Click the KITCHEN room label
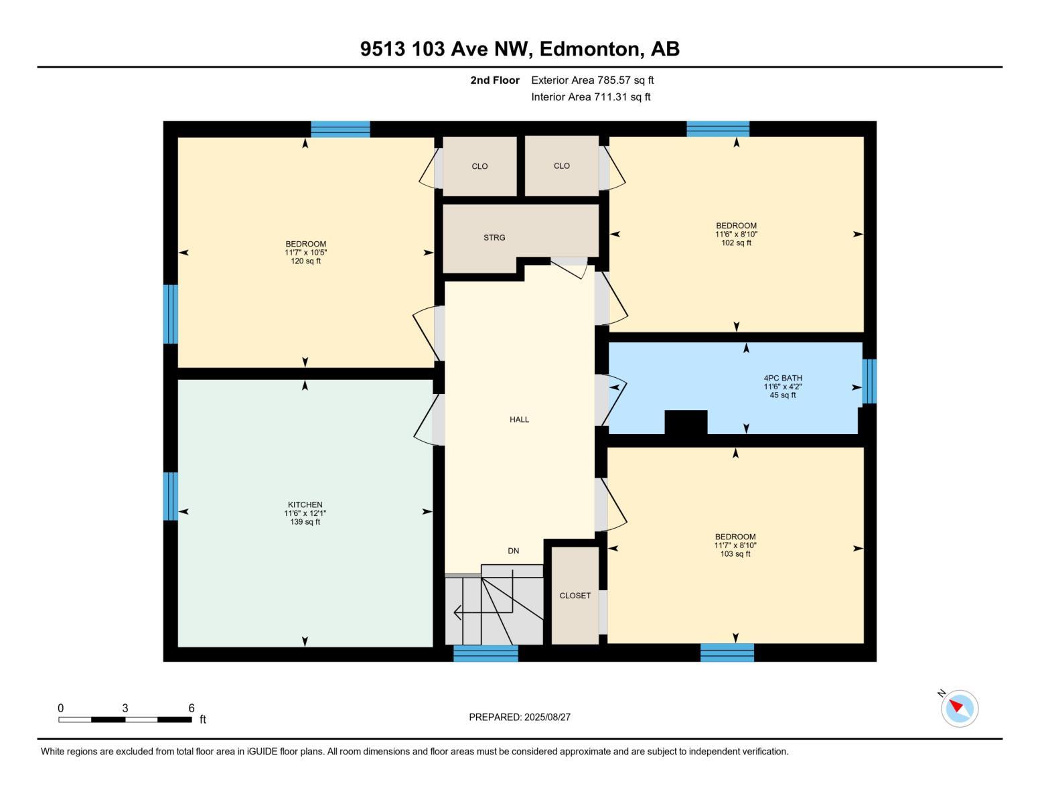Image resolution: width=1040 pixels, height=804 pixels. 305,505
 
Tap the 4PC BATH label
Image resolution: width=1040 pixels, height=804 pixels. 782,378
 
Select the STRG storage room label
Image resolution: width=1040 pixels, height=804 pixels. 494,238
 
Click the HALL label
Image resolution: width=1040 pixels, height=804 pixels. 519,419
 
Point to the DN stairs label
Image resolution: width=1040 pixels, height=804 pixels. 513,551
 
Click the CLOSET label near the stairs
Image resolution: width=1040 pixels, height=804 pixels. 575,596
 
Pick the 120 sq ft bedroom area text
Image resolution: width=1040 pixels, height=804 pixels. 305,261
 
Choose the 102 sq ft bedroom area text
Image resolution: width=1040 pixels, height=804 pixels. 736,243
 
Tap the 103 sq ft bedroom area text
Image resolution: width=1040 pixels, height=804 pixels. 735,554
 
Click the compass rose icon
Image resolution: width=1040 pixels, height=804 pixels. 959,708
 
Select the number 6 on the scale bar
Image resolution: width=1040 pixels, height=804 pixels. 192,708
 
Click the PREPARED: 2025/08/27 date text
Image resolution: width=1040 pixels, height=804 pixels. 519,717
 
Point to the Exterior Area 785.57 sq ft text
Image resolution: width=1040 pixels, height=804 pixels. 592,80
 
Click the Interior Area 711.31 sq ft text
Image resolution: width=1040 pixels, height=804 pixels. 591,97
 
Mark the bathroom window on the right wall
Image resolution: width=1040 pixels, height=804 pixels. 869,382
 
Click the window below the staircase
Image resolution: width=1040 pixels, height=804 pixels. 486,653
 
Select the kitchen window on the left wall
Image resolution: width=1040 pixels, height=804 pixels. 171,496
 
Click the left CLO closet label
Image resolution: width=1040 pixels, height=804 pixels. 479,166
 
